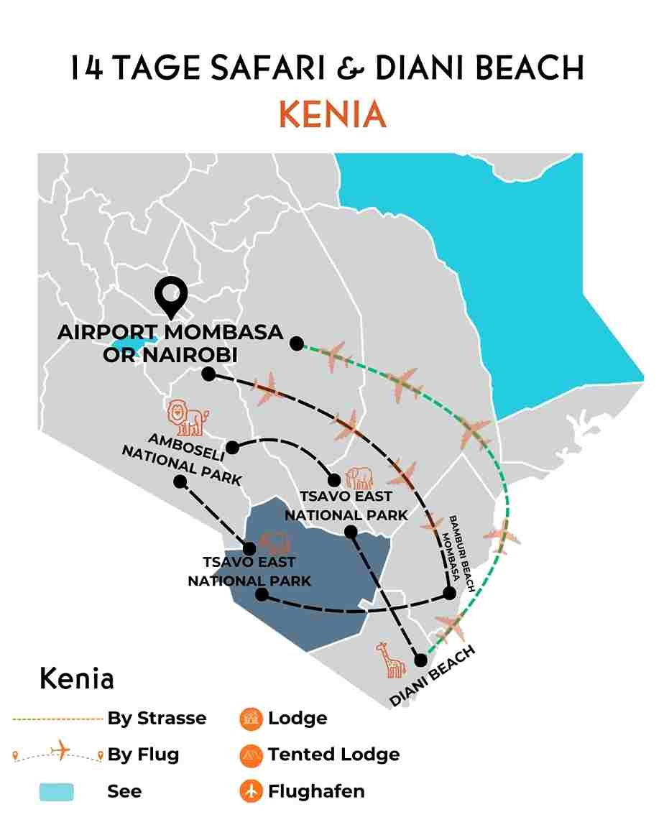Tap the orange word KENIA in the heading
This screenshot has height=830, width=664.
(332, 116)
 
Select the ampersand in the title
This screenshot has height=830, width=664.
(351, 69)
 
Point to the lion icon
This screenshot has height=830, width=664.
(187, 418)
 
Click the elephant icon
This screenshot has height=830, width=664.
(359, 478)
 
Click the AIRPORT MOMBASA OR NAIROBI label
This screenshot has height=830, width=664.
(170, 343)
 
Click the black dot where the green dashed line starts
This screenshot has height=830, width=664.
(296, 343)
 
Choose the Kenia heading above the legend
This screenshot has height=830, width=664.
(77, 678)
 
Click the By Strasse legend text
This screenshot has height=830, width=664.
(157, 718)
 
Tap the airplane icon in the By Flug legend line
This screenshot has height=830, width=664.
(60, 752)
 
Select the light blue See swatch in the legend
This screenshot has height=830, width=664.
(56, 791)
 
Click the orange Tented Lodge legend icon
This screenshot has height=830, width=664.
(250, 755)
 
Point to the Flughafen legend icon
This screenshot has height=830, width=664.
(250, 791)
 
